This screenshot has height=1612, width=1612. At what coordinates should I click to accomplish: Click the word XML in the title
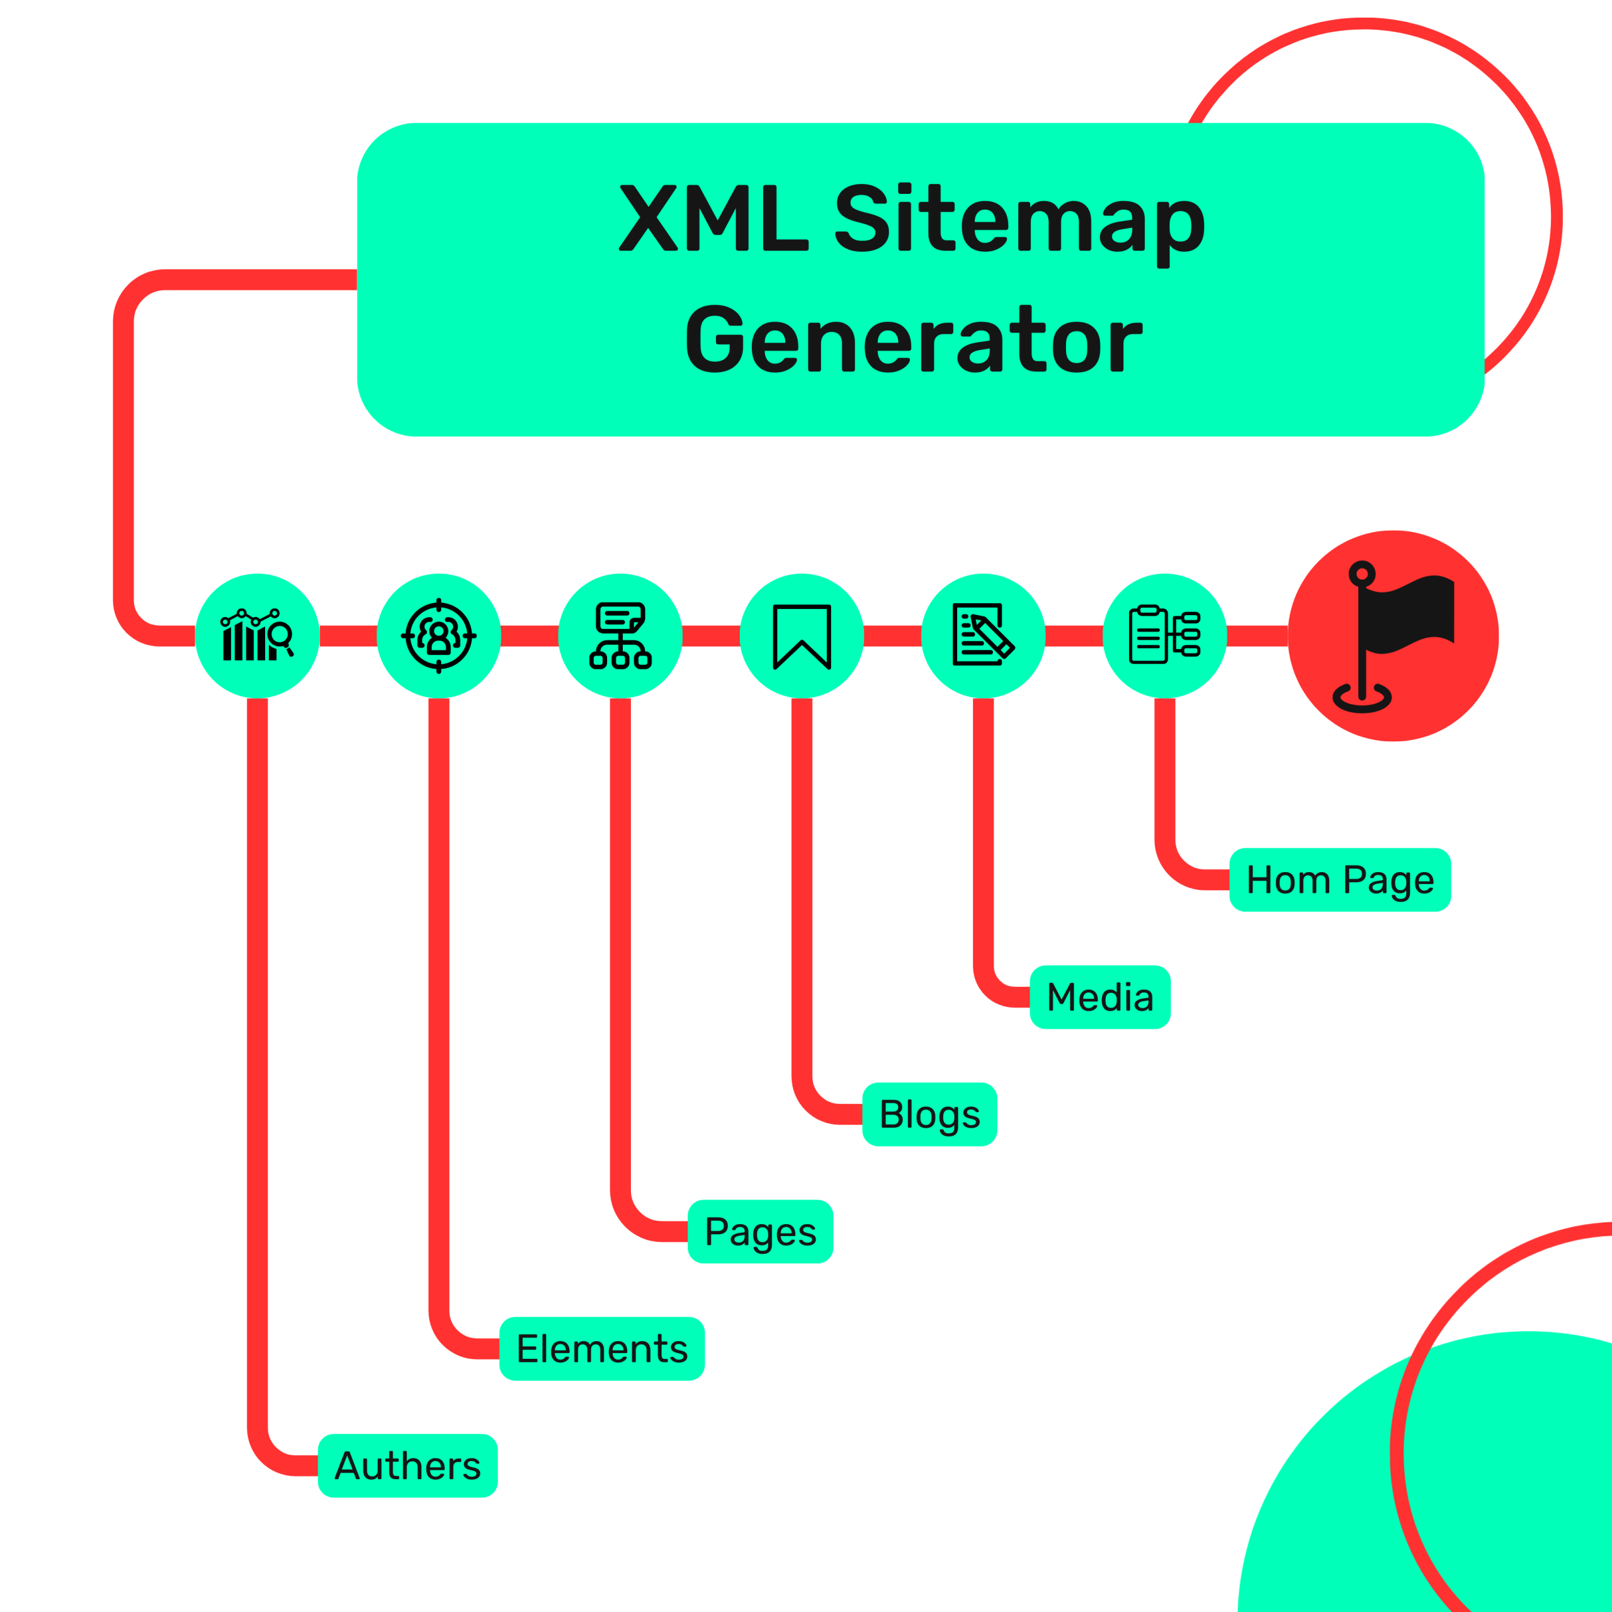(713, 219)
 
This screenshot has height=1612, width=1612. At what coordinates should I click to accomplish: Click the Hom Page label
(1339, 880)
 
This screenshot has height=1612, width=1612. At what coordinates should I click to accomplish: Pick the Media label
(1099, 997)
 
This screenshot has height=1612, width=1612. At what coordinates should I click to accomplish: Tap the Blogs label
(929, 1115)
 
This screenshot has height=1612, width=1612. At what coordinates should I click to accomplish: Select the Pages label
(760, 1232)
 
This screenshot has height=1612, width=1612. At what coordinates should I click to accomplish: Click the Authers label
(407, 1466)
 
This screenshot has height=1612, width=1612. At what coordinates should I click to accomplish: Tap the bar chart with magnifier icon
(257, 636)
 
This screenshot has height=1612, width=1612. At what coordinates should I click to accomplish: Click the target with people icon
(439, 636)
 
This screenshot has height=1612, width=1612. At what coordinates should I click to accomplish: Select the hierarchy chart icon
(620, 636)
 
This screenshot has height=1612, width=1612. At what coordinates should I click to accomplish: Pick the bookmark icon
(802, 636)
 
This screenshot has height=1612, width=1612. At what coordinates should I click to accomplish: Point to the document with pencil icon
(983, 636)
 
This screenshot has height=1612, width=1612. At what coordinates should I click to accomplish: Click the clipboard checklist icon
(1165, 636)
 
